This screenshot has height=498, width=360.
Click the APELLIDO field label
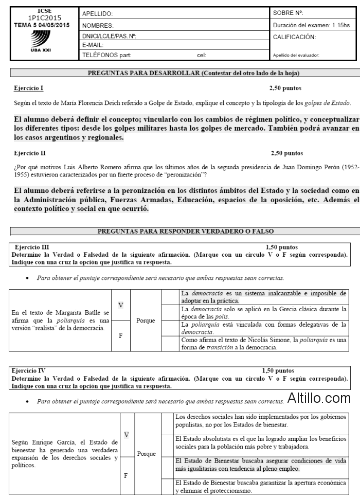97,14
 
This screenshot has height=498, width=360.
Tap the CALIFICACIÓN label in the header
295,37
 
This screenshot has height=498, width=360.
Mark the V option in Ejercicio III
120,305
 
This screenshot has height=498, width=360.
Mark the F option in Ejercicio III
120,334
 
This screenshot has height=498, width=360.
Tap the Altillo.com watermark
319,398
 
